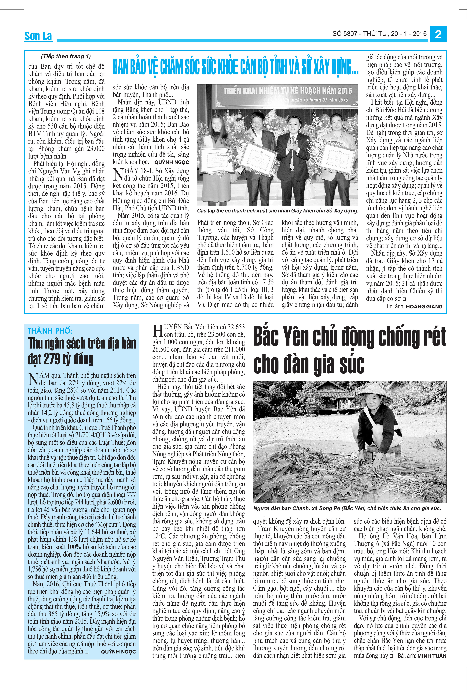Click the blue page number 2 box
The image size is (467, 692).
pos(438,34)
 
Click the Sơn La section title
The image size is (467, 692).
pos(38,36)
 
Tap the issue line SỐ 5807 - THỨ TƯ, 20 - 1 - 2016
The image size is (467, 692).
pos(380,34)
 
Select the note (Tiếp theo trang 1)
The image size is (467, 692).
pos(66,56)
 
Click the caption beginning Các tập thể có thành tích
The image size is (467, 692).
pos(277,211)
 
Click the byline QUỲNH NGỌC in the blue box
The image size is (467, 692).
pos(118,652)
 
